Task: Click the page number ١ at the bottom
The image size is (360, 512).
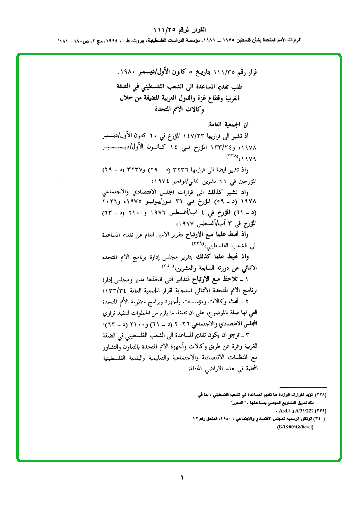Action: coord(182,478)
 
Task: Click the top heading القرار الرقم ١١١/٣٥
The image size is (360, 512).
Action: coord(181,30)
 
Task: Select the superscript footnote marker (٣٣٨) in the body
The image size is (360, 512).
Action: coord(231,156)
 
